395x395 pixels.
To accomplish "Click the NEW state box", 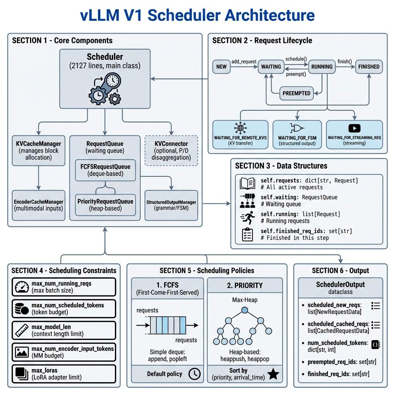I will (x=221, y=66).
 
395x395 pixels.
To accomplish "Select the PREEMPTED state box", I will (x=296, y=93).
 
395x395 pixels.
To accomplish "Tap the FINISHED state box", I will (x=369, y=66).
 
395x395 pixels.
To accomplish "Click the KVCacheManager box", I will (x=39, y=150).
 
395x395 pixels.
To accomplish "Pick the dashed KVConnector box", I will (x=171, y=150).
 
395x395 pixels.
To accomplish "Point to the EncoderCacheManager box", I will (x=39, y=205).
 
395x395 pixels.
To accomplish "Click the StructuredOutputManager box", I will (x=171, y=205).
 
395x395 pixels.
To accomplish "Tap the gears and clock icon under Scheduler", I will (x=105, y=89).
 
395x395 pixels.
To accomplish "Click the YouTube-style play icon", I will (x=354, y=128).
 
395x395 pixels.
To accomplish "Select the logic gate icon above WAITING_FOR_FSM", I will (x=297, y=128).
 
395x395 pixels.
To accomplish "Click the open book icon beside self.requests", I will (x=247, y=183).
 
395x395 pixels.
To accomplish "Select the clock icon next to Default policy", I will (x=194, y=374).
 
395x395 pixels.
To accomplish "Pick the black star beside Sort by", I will (x=273, y=374).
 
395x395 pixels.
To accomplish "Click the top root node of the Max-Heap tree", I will (x=245, y=310).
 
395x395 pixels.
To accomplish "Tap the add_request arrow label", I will (x=244, y=61).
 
